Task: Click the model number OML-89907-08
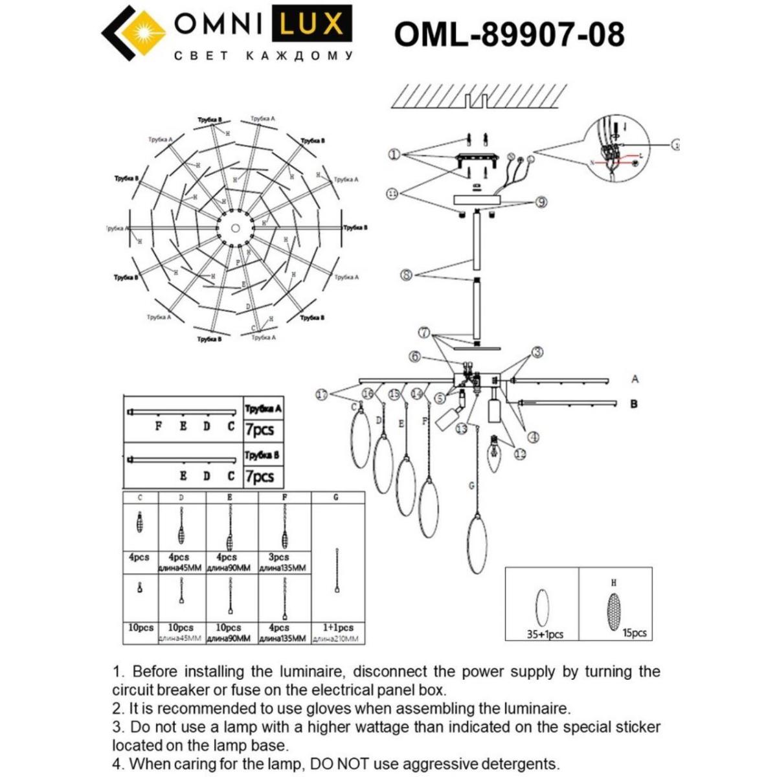509,34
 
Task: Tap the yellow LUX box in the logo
311,25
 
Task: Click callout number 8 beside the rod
407,275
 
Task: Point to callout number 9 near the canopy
541,203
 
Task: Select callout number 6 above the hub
415,356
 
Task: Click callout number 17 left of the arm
322,394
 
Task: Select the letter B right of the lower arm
634,403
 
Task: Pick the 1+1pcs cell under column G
337,627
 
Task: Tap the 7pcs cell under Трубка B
260,477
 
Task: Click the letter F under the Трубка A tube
158,427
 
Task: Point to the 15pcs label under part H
635,633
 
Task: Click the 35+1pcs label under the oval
545,635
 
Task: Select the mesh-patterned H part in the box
613,609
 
